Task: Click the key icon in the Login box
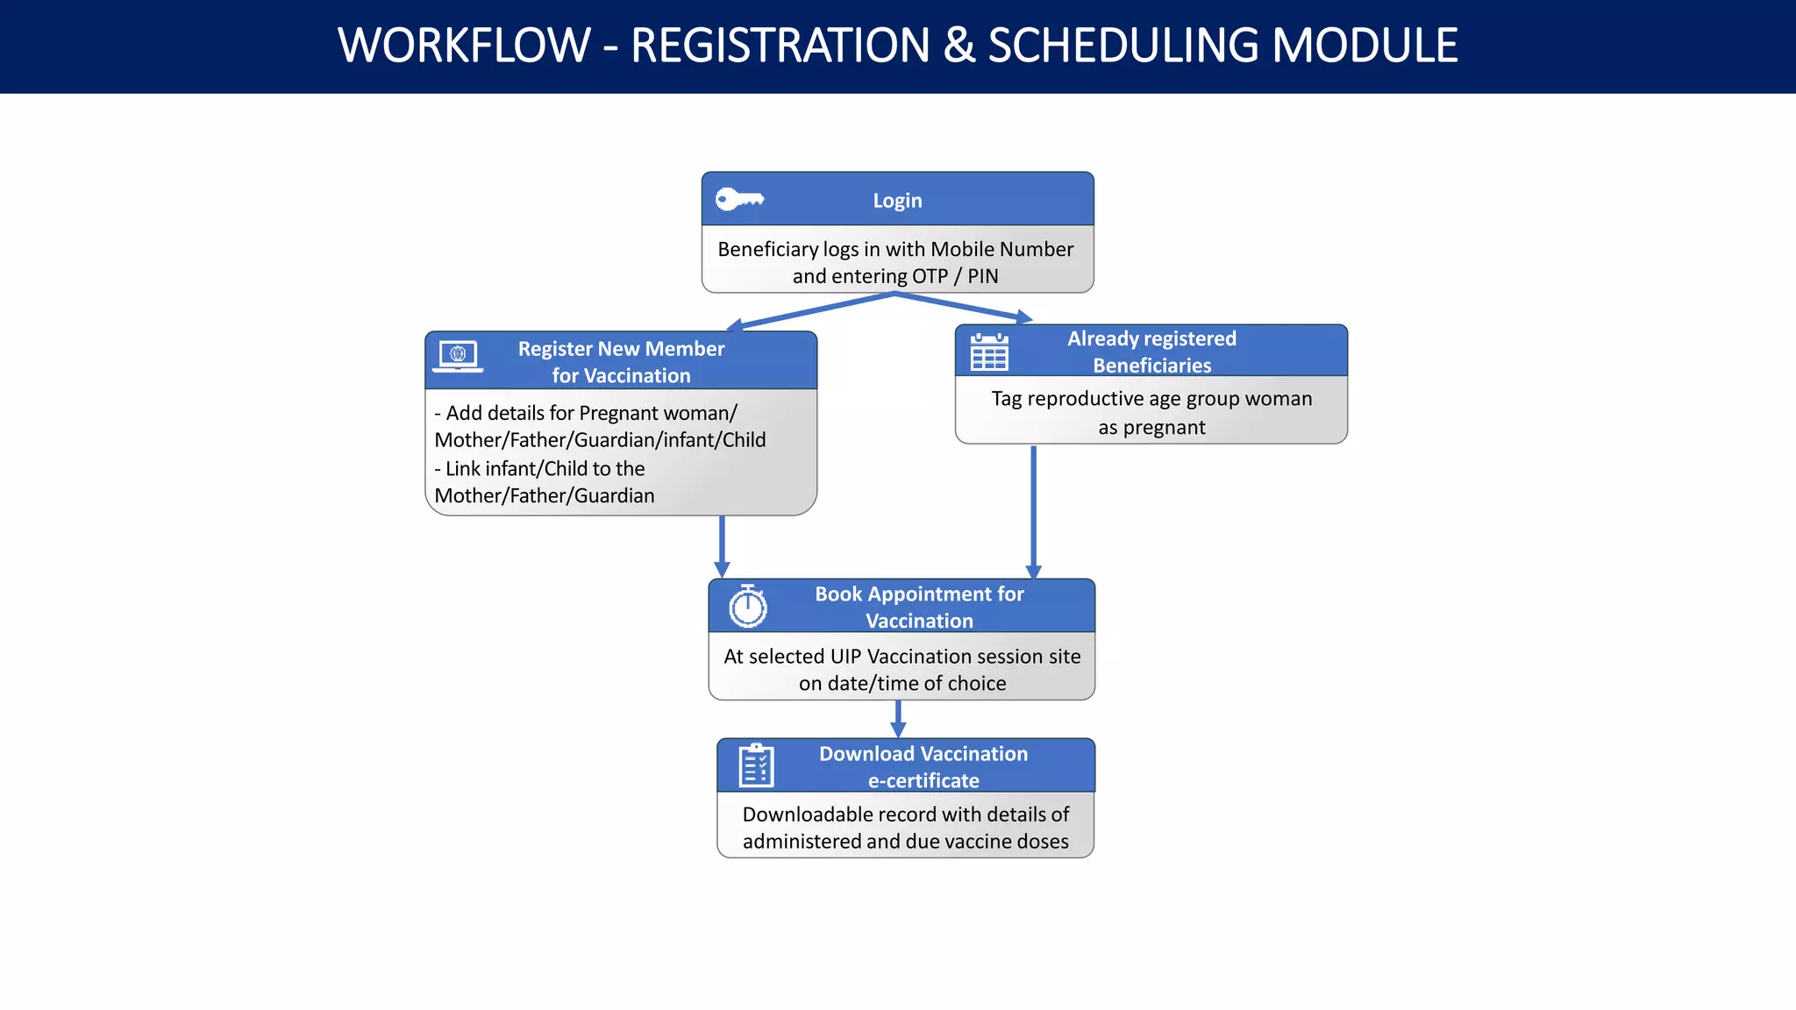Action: (738, 200)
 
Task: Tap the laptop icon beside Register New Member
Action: (458, 356)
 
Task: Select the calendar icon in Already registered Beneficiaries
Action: (989, 352)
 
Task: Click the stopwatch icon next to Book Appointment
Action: (748, 606)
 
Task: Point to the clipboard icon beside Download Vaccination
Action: (756, 765)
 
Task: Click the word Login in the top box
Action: (897, 201)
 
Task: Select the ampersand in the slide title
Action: (959, 46)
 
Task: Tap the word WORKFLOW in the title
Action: (464, 46)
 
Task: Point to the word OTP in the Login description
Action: (930, 277)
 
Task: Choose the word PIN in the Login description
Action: (982, 277)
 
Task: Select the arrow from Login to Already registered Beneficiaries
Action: (965, 307)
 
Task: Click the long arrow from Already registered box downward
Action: (1033, 512)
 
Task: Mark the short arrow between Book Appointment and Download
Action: (897, 719)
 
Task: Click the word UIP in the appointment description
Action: (845, 657)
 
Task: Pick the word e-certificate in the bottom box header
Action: (923, 780)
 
